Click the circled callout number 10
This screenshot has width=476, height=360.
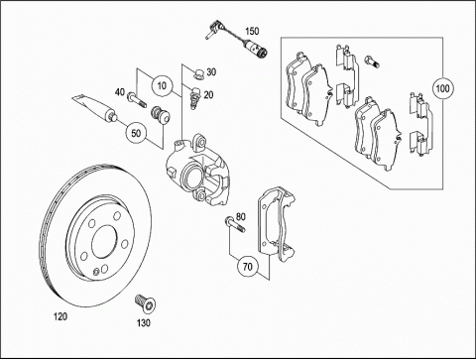pyautogui.click(x=162, y=86)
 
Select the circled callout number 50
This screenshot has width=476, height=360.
pyautogui.click(x=136, y=133)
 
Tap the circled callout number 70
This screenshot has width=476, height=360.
pyautogui.click(x=248, y=266)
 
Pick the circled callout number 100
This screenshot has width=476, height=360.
pyautogui.click(x=442, y=88)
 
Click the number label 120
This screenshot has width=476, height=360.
pyautogui.click(x=60, y=316)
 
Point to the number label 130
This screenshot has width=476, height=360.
pyautogui.click(x=144, y=322)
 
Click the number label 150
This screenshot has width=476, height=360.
pyautogui.click(x=252, y=32)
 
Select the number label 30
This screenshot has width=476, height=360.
pyautogui.click(x=211, y=71)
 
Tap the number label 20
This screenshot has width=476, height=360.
pyautogui.click(x=208, y=95)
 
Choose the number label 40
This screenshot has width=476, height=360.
pyautogui.click(x=120, y=92)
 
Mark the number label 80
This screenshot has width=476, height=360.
pyautogui.click(x=241, y=217)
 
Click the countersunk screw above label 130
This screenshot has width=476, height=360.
pyautogui.click(x=146, y=303)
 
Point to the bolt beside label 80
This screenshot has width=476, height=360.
pyautogui.click(x=235, y=224)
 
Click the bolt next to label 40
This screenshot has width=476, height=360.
pyautogui.click(x=136, y=99)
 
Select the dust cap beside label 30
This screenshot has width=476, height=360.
pyautogui.click(x=198, y=73)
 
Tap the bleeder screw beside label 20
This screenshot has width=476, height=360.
pyautogui.click(x=194, y=96)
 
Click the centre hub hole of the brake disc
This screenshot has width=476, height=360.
pyautogui.click(x=104, y=242)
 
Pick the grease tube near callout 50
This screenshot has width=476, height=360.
pyautogui.click(x=95, y=109)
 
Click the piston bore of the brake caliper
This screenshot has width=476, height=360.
pyautogui.click(x=192, y=177)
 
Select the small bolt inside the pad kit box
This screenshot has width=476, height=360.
pyautogui.click(x=372, y=61)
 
